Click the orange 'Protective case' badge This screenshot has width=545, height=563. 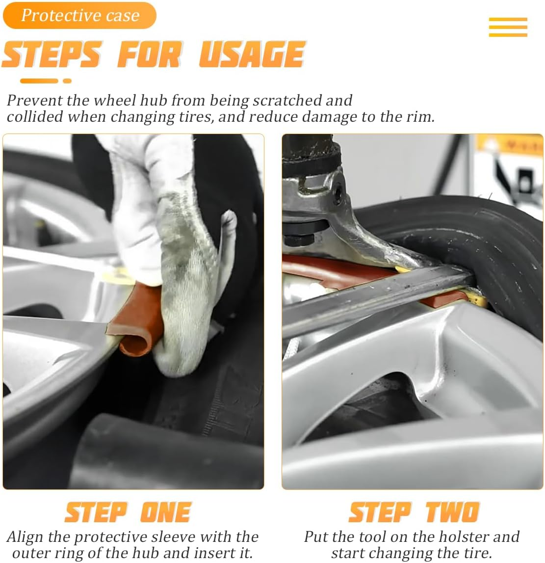click(x=79, y=15)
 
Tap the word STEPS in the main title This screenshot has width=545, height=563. click(x=52, y=54)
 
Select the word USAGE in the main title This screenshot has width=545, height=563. click(x=252, y=54)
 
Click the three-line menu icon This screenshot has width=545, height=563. click(x=508, y=27)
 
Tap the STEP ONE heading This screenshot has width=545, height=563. click(x=128, y=512)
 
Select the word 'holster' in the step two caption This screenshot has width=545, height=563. click(x=463, y=537)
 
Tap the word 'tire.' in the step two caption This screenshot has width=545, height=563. click(x=475, y=553)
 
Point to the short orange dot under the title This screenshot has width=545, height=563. click(x=67, y=81)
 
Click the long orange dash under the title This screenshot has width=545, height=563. click(x=39, y=81)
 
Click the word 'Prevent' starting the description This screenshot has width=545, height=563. click(x=35, y=101)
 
